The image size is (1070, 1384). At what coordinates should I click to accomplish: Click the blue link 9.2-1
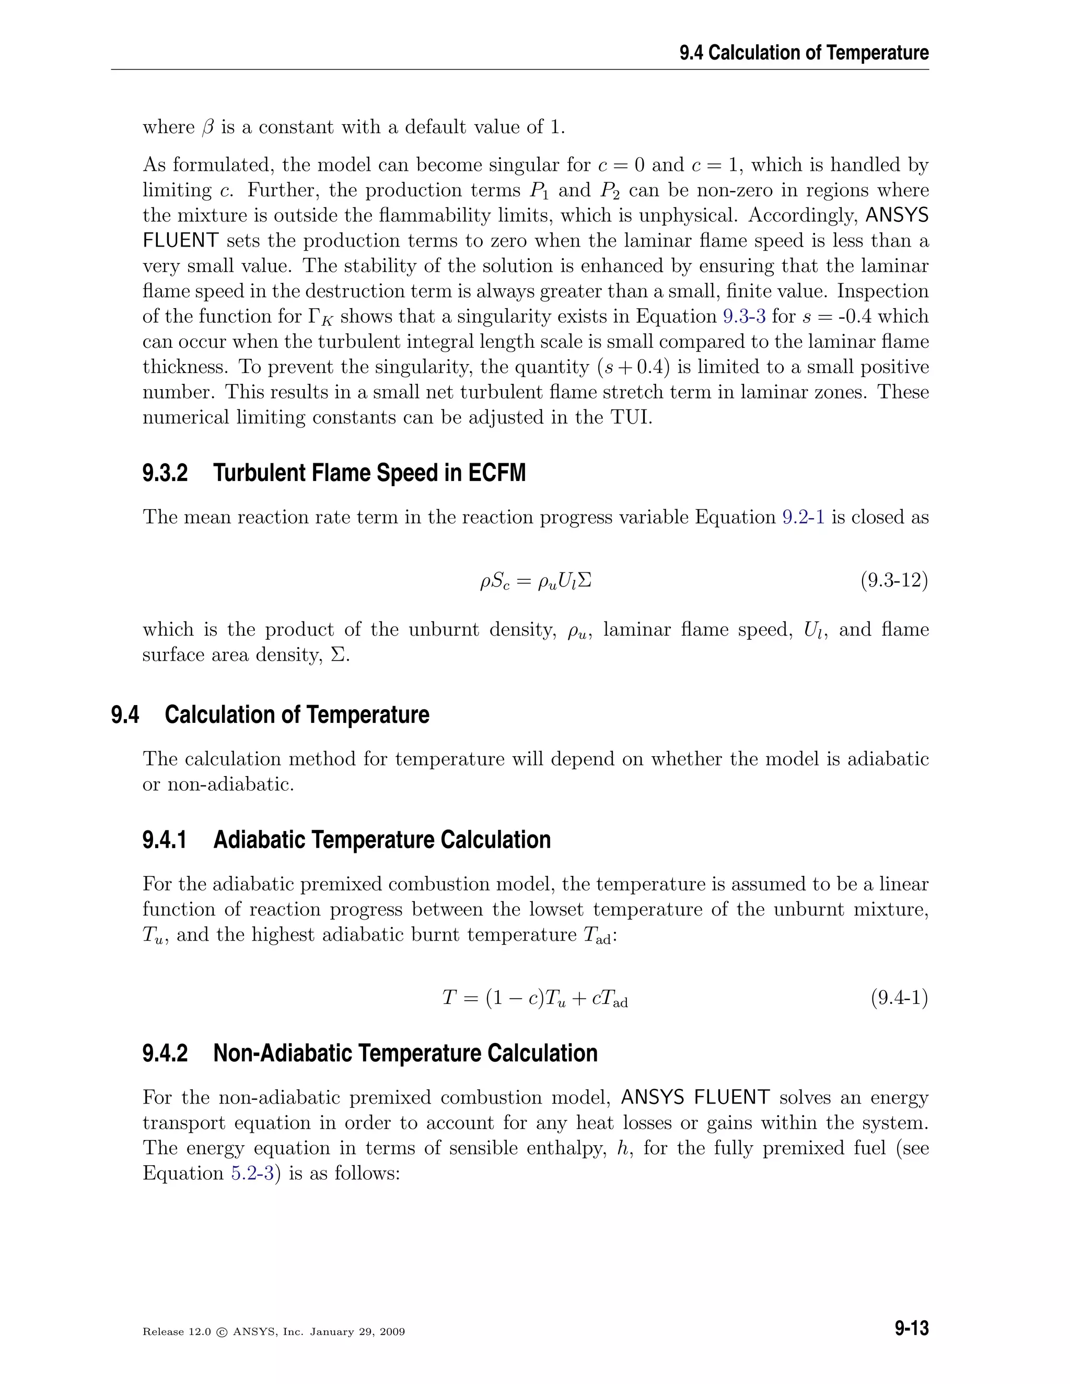tap(803, 517)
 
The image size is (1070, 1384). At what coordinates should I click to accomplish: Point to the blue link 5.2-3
tap(252, 1173)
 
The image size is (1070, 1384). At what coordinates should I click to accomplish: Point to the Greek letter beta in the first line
tap(208, 127)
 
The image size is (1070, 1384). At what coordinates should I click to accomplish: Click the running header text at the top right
tap(804, 53)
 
